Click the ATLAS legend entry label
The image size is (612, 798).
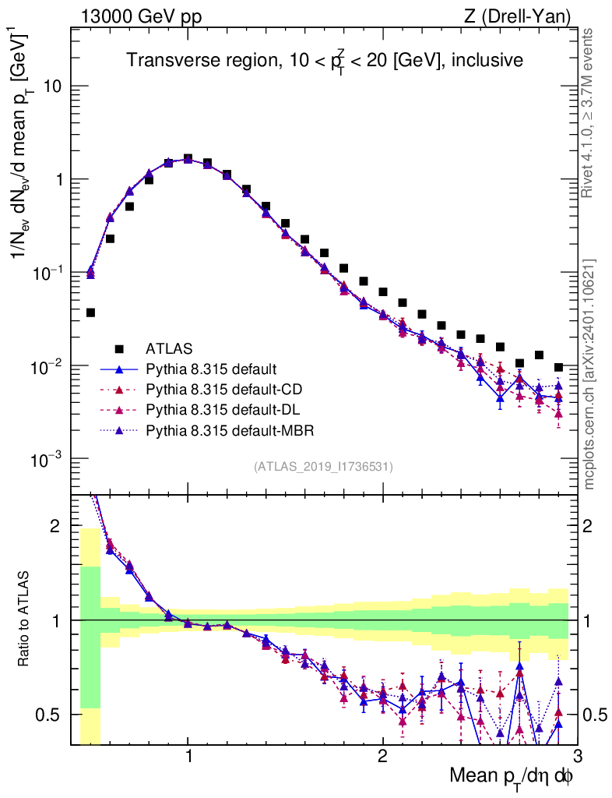171,348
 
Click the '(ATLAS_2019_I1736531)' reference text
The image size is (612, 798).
323,467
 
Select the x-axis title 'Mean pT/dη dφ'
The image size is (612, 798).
512,775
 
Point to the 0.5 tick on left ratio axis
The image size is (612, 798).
51,714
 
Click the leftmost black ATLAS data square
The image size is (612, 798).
90,312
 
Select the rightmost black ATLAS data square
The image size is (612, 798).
558,367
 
